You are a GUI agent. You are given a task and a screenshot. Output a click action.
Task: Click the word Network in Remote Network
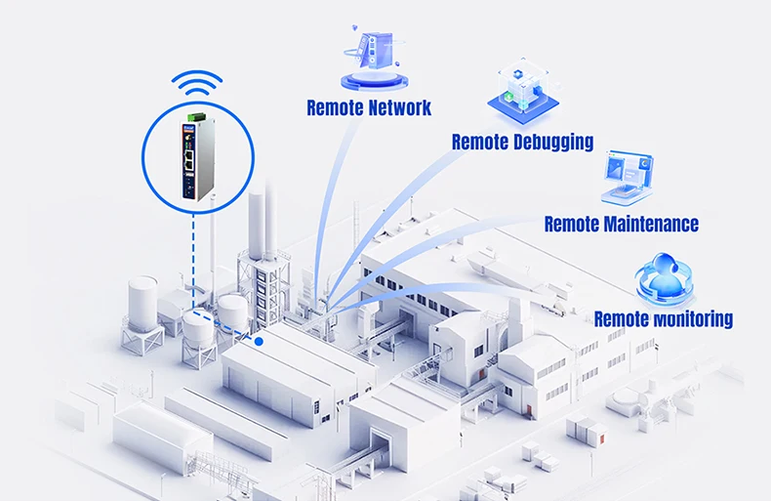pos(398,107)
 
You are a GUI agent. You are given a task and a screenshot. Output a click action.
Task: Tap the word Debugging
pos(553,143)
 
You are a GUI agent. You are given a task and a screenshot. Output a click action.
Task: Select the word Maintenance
pos(651,225)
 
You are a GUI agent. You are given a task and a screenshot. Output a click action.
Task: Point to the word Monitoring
pos(690,318)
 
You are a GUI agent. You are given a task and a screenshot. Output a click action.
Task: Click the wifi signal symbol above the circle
pos(198,85)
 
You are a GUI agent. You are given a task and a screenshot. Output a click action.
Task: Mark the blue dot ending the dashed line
pos(259,341)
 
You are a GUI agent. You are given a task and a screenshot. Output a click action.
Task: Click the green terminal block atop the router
pos(190,119)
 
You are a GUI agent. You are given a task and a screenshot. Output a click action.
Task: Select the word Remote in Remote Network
pos(335,107)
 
